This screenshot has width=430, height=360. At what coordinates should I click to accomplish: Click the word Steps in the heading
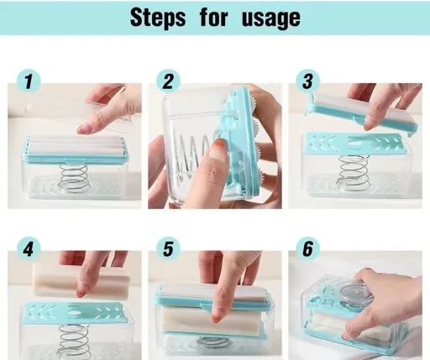158,18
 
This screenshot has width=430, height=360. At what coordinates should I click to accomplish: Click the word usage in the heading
271,18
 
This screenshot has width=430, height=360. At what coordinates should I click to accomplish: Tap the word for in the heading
214,18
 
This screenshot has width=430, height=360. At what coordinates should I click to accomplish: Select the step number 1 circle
29,81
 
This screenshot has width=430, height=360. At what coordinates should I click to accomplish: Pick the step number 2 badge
168,81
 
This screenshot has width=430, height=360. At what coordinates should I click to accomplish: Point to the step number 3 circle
308,81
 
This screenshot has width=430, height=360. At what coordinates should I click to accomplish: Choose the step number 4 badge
29,249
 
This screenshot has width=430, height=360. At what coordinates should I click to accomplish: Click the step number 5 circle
168,249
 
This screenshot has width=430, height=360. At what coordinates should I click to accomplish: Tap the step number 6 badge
308,249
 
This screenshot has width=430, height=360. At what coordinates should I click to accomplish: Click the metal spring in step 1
75,178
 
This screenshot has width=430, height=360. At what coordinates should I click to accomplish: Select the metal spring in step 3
354,172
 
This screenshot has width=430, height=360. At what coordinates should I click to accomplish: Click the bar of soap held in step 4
81,280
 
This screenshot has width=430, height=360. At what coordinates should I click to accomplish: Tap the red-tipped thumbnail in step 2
217,149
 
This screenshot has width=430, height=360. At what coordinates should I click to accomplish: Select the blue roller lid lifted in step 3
363,112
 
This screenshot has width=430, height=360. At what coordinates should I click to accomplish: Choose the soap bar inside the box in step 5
212,321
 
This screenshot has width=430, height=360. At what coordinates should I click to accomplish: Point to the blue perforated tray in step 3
355,143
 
